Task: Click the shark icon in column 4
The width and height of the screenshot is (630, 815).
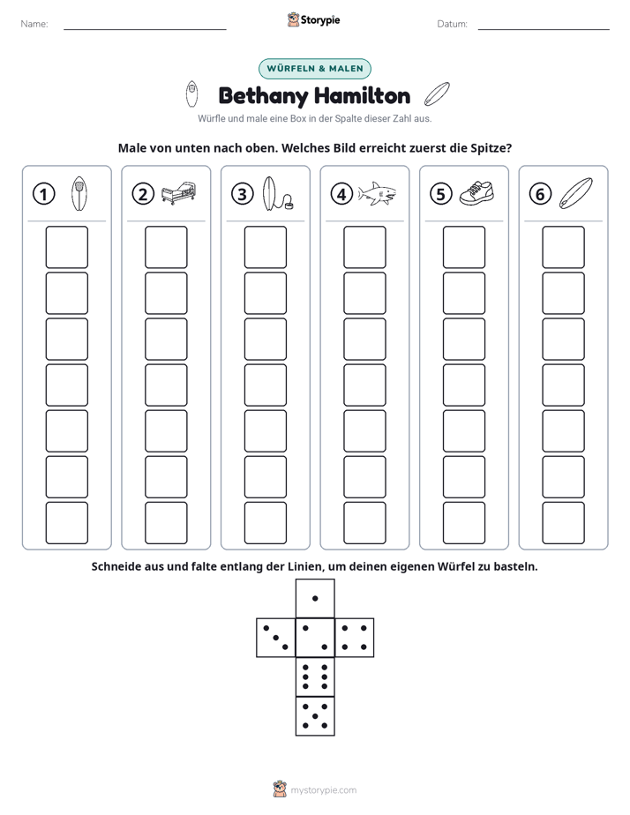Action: [x=377, y=194]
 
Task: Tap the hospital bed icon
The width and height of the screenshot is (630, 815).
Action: [x=179, y=193]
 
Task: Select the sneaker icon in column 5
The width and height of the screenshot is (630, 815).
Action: [x=476, y=193]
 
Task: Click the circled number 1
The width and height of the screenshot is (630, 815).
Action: [x=43, y=194]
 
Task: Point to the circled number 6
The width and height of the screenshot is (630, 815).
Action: [x=540, y=194]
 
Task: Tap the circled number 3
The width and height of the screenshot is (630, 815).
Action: [x=243, y=194]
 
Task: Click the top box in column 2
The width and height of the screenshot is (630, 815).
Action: [x=166, y=247]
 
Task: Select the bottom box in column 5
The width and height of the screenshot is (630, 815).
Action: [x=464, y=523]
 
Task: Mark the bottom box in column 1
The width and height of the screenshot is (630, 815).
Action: [x=66, y=523]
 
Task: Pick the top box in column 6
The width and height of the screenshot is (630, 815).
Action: [x=564, y=247]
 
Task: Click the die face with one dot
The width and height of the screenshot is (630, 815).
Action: [x=315, y=598]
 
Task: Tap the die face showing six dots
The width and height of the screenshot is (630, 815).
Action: [x=315, y=677]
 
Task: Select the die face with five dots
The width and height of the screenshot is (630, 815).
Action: [x=315, y=716]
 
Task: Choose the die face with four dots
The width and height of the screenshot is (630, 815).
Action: [x=355, y=638]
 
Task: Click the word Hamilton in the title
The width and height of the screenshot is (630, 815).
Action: [x=363, y=96]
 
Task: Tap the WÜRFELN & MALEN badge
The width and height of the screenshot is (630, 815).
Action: [x=315, y=69]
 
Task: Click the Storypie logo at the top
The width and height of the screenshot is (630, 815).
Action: [x=314, y=19]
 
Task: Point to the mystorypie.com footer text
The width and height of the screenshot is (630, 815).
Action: [x=323, y=790]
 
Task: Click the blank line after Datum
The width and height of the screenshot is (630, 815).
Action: [x=544, y=29]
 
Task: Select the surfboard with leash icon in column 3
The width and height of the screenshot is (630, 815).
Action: [x=278, y=193]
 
